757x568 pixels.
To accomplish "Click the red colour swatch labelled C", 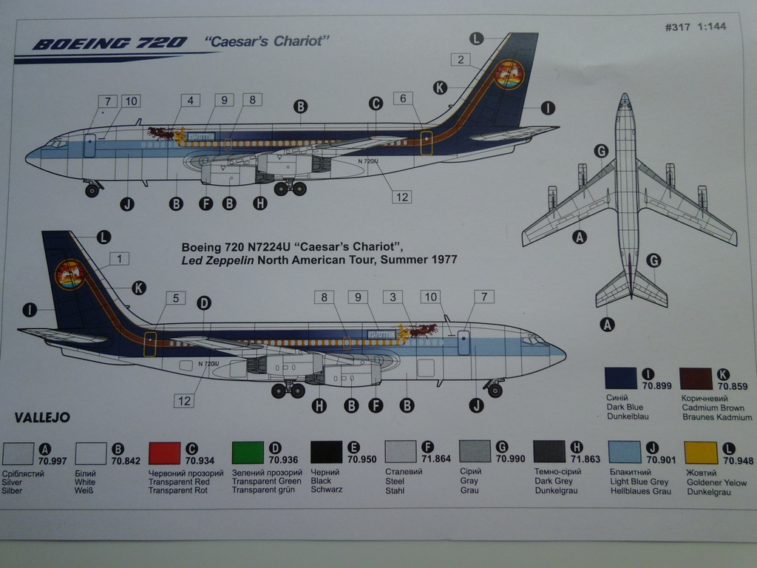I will tap(164, 453).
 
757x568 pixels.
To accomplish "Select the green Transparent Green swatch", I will tap(248, 453).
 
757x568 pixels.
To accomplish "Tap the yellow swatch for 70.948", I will tap(701, 453).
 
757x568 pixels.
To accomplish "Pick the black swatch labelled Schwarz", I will tap(326, 453).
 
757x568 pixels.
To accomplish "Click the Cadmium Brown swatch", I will tap(695, 378).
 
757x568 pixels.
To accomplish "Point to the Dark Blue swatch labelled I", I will tap(620, 378).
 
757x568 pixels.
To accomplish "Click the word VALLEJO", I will tap(41, 418).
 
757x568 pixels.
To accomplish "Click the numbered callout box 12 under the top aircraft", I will tap(402, 197).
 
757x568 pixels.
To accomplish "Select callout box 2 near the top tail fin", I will tap(460, 60).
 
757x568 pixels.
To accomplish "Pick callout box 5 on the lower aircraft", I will tap(175, 298).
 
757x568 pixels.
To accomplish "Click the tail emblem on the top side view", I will tap(509, 75).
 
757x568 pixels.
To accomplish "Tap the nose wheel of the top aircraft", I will tap(92, 191).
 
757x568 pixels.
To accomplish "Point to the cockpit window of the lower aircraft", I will tap(533, 341).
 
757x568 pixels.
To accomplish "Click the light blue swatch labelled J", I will tap(625, 453).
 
